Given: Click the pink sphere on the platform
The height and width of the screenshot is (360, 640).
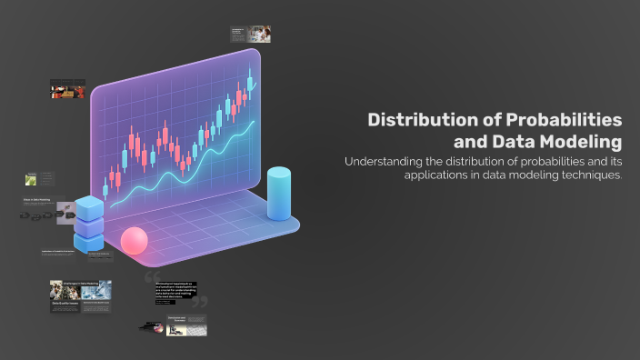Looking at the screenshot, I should click(x=134, y=240).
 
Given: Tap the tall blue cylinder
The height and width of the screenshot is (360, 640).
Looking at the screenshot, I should click(x=278, y=193).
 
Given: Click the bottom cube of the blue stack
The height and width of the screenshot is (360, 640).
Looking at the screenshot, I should click(x=89, y=243).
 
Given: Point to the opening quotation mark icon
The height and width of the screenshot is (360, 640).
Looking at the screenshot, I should click(x=151, y=275).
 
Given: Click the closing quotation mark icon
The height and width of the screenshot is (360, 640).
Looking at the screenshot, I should click(x=199, y=302).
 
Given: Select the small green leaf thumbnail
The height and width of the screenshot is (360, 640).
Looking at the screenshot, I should click(x=31, y=179).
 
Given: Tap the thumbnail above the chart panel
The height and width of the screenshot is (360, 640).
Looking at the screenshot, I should click(x=251, y=34).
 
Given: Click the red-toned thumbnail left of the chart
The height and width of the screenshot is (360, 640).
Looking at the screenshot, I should click(x=67, y=89).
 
